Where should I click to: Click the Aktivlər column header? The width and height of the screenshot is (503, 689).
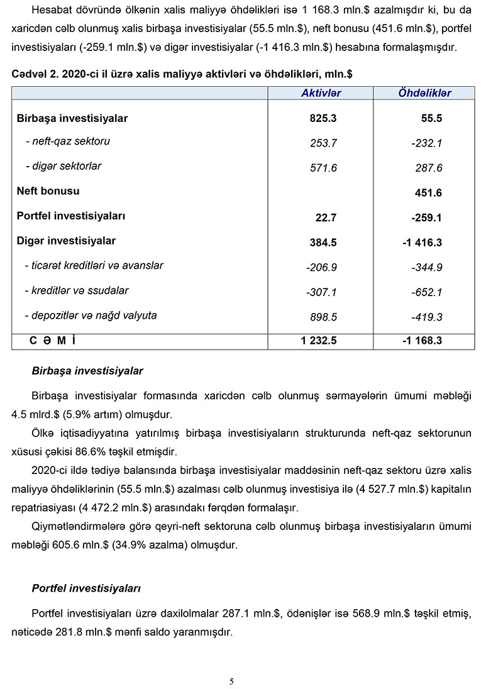pos(321,93)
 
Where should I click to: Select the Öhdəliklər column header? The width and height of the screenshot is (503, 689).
pos(424,93)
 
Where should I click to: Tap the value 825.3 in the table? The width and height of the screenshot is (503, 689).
pos(323,118)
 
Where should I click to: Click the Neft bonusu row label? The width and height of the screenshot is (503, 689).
pos(48,191)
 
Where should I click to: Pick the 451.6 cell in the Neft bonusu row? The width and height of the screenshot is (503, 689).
pos(428,193)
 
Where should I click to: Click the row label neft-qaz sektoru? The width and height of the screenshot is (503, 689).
pos(68,141)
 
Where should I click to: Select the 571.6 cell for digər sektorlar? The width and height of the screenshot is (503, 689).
pos(323,168)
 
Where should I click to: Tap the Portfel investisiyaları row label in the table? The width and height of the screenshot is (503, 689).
pos(71,216)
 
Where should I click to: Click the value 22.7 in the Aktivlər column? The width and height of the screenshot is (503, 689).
pos(326,218)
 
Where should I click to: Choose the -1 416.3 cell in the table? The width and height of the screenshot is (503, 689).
pos(423,243)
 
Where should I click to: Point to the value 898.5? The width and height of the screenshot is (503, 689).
pos(323,317)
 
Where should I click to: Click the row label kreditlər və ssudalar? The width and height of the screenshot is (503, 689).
pos(76,290)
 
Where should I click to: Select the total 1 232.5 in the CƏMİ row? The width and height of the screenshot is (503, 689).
pos(319,340)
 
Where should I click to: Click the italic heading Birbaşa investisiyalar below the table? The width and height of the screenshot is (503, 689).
pos(87,371)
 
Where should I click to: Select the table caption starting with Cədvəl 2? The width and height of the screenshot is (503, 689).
pos(182,74)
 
